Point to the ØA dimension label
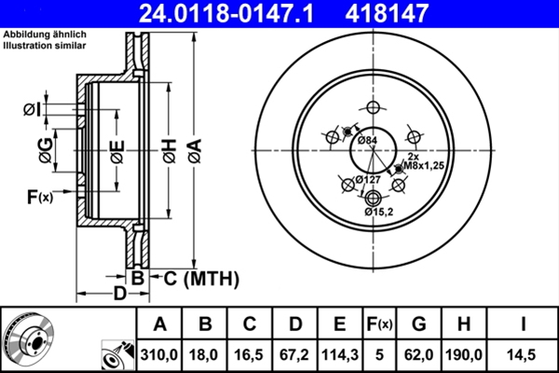[194, 148]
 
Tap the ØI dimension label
[31, 111]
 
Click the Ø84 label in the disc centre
[368, 141]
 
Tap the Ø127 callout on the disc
[366, 179]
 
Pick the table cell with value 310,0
[159, 355]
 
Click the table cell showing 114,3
[339, 355]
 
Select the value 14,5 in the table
[522, 355]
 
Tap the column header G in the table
[418, 325]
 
